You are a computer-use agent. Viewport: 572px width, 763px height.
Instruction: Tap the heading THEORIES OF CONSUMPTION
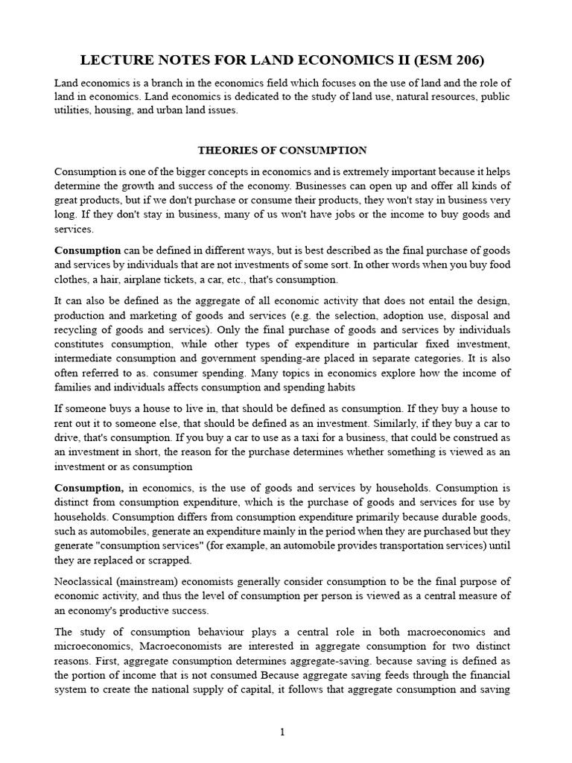[x=282, y=150]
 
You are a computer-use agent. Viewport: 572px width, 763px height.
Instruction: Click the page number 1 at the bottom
[x=282, y=732]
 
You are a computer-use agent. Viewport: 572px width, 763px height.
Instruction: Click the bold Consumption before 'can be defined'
[x=87, y=251]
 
